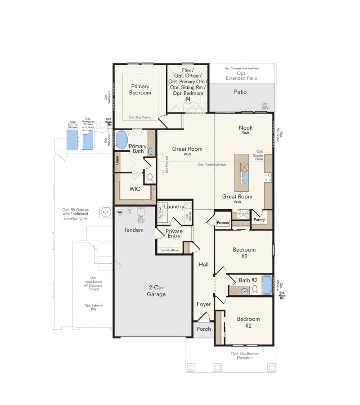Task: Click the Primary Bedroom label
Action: pyautogui.click(x=140, y=89)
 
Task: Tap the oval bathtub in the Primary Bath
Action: pyautogui.click(x=121, y=140)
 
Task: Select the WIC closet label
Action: pyautogui.click(x=135, y=189)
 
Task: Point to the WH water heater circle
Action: pyautogui.click(x=120, y=211)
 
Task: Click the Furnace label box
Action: pyautogui.click(x=223, y=223)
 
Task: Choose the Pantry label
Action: pyautogui.click(x=259, y=220)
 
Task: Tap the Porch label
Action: pyautogui.click(x=204, y=329)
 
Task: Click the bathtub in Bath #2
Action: pyautogui.click(x=267, y=285)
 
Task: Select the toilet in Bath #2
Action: pyautogui.click(x=255, y=289)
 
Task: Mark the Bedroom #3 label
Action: pyautogui.click(x=244, y=253)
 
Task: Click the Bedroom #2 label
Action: pyautogui.click(x=248, y=323)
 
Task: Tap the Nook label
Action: pyautogui.click(x=246, y=127)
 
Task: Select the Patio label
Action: pyautogui.click(x=240, y=92)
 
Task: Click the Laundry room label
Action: pyautogui.click(x=174, y=207)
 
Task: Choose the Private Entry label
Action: pyautogui.click(x=174, y=233)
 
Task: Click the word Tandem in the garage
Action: pyautogui.click(x=134, y=230)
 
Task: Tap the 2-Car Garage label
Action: pyautogui.click(x=157, y=291)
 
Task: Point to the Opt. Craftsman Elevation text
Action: pyautogui.click(x=241, y=355)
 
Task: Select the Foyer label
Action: pyautogui.click(x=203, y=304)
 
